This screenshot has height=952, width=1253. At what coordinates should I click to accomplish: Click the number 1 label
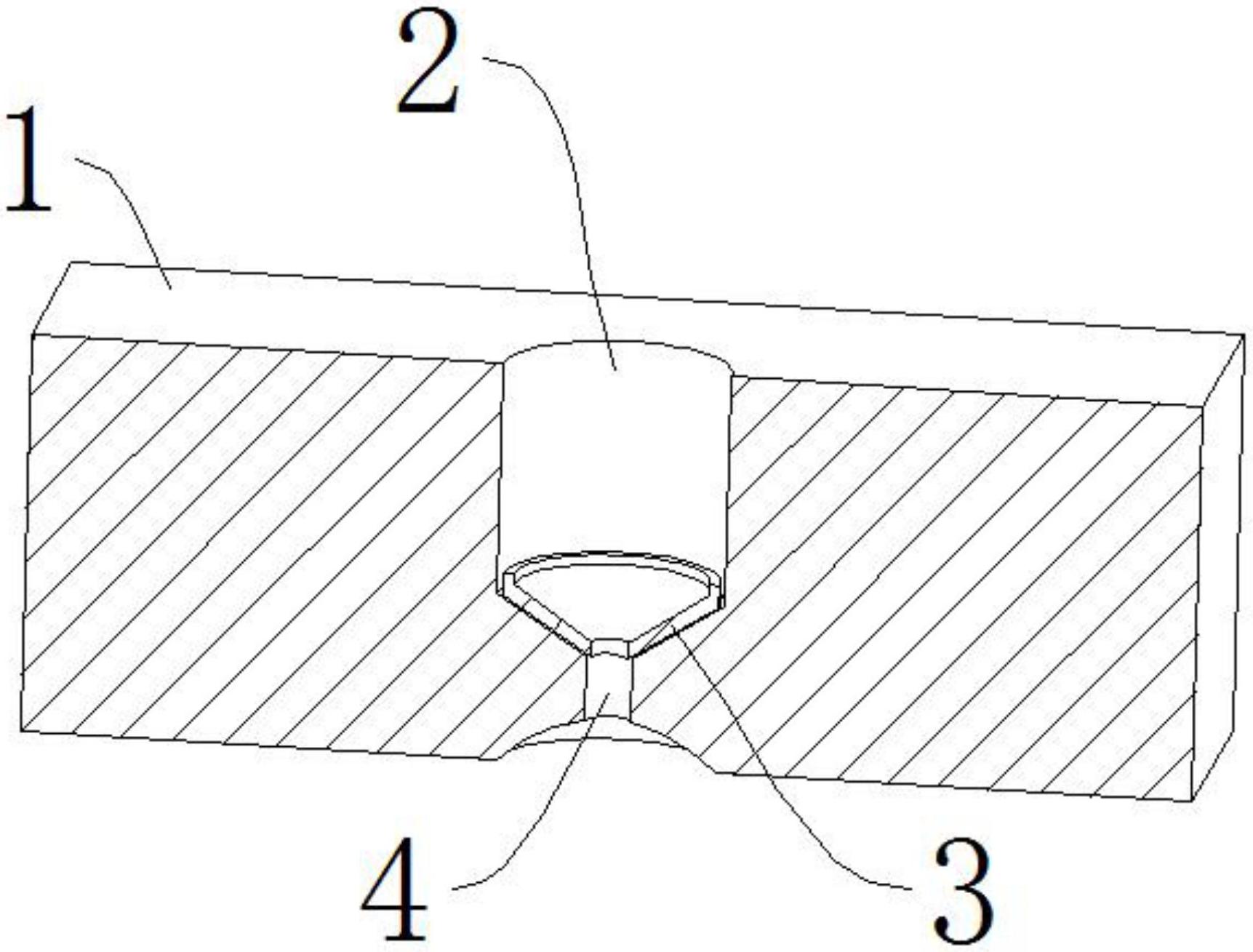[x=29, y=161]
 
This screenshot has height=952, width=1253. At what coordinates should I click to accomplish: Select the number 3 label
[x=964, y=889]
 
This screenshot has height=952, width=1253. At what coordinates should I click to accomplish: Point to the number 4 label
[x=394, y=889]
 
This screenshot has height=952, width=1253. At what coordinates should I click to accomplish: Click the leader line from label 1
[x=131, y=211]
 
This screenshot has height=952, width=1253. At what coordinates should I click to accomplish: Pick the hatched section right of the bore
[x=960, y=582]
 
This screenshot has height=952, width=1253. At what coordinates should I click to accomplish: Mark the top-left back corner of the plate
[x=71, y=263]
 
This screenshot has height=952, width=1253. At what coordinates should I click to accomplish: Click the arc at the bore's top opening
[x=615, y=343]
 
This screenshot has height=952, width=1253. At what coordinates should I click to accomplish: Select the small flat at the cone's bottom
[x=609, y=647]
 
